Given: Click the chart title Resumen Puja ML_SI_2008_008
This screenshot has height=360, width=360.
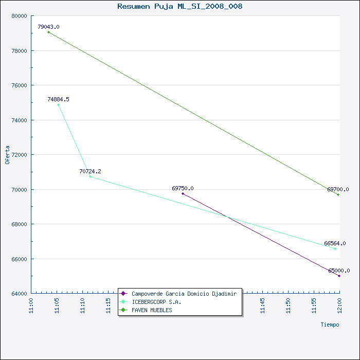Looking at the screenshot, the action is (180, 6).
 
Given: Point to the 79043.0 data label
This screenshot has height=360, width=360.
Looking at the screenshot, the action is (48, 27).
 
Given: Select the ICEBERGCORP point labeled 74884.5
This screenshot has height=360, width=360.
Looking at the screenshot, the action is (58, 105).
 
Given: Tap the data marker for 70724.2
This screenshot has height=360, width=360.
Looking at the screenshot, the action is (90, 176).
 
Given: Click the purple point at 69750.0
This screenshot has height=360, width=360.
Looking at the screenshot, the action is (183, 193).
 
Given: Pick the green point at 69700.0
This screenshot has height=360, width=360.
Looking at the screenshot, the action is (338, 195).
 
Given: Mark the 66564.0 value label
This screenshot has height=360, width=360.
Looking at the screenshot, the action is (335, 243).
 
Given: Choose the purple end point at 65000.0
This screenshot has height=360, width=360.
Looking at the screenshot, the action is (339, 276).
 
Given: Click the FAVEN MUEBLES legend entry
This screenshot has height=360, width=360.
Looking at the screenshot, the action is (152, 310).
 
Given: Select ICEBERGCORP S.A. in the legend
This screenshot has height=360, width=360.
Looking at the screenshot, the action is (156, 302).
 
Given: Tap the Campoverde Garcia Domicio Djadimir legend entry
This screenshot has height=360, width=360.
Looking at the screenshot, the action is (184, 294).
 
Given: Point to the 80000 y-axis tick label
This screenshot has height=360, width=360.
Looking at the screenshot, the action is (20, 16).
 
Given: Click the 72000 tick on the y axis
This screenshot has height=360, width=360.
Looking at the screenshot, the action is (20, 155).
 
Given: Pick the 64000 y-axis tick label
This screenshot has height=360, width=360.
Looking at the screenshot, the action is (20, 294).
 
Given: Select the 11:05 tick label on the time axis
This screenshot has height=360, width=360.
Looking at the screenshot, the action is (57, 305).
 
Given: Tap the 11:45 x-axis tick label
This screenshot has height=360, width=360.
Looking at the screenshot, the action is (262, 305).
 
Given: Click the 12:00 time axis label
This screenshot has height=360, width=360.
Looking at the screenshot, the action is (339, 305).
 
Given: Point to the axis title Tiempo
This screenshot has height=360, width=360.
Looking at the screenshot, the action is (330, 325).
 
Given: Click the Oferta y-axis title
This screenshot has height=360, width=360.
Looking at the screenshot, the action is (7, 155).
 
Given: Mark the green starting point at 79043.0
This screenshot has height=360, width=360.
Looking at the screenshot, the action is (48, 32).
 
